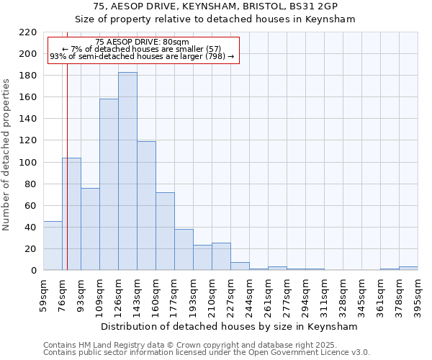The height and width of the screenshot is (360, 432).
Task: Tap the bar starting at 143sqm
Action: click(x=146, y=206)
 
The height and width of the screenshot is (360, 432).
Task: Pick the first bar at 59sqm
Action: click(x=53, y=246)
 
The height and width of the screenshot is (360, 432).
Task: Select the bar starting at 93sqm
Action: click(x=90, y=229)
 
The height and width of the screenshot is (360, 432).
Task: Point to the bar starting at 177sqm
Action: click(x=184, y=250)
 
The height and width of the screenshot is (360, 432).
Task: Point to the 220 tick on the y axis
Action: click(x=29, y=32)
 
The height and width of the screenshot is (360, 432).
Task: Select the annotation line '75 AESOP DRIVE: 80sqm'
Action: click(x=142, y=42)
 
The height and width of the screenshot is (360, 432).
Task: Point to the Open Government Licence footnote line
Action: click(x=207, y=353)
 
